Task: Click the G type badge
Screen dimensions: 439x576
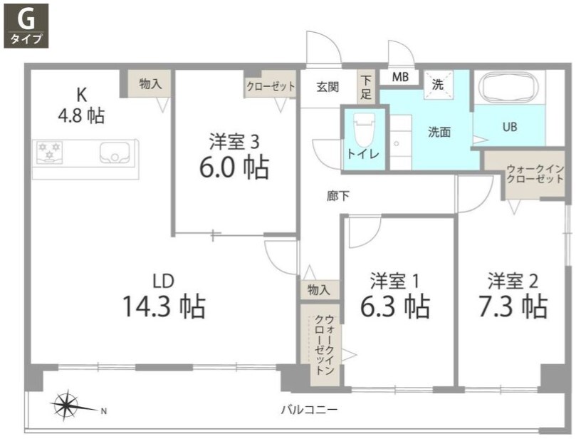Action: [26, 25]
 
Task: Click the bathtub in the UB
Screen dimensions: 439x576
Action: [509, 88]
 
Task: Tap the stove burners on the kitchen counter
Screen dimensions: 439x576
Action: [50, 150]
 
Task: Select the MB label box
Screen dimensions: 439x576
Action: [399, 78]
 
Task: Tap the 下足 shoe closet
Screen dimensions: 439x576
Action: [366, 86]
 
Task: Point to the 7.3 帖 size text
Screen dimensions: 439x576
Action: [513, 306]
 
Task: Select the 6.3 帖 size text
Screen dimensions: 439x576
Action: [395, 306]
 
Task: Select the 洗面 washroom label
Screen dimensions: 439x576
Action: [439, 132]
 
